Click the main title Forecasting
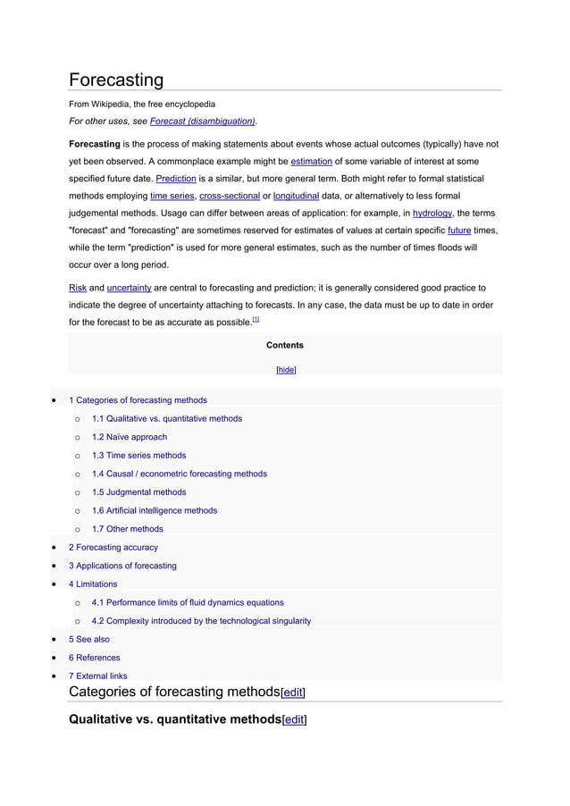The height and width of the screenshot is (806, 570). click(x=116, y=80)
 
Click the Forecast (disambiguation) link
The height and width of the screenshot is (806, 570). click(x=202, y=122)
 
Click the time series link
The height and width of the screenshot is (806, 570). click(x=172, y=196)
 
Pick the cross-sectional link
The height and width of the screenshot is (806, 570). click(x=223, y=196)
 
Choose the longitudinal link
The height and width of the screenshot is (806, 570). click(x=296, y=196)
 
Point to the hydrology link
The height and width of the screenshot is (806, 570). click(x=432, y=214)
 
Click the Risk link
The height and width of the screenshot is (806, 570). click(x=78, y=289)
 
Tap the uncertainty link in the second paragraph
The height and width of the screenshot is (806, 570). click(x=129, y=289)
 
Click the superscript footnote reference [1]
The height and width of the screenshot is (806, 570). click(x=256, y=319)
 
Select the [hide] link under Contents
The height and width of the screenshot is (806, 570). click(x=286, y=370)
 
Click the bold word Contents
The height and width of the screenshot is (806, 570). click(x=285, y=345)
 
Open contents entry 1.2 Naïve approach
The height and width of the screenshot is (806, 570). click(x=129, y=437)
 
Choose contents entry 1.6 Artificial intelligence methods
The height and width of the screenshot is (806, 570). click(x=154, y=510)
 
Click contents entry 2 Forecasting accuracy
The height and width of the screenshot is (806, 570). click(x=113, y=547)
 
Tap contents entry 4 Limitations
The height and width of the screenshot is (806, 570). click(x=93, y=584)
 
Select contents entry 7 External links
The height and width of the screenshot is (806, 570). click(x=97, y=676)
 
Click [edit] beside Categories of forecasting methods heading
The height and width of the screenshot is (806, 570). click(x=294, y=693)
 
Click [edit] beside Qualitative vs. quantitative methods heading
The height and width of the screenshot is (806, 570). click(x=294, y=719)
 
